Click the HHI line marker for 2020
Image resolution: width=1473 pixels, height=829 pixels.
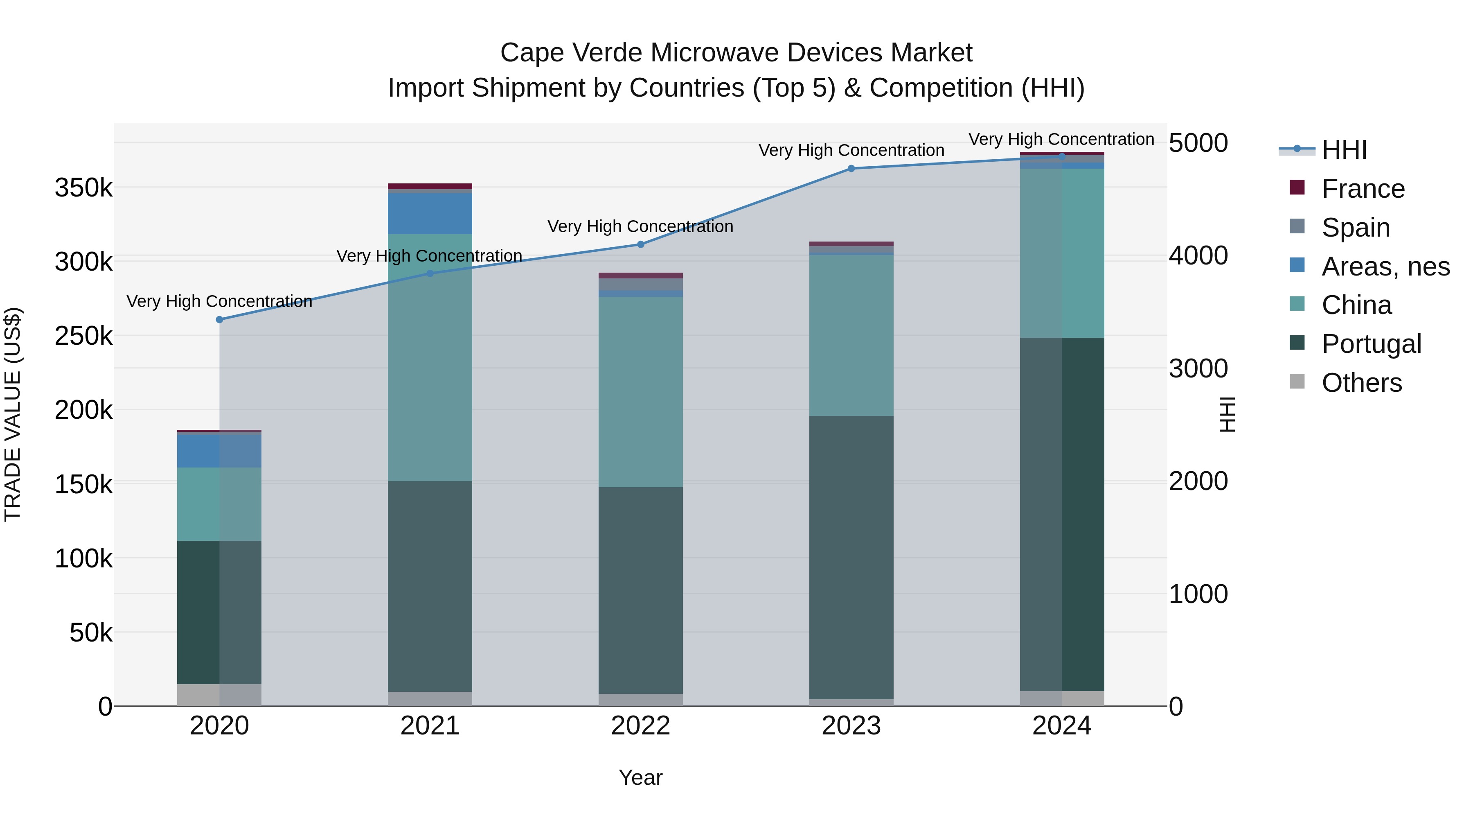click(220, 320)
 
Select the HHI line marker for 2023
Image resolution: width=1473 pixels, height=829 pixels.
click(851, 169)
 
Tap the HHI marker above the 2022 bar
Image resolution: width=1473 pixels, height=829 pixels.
click(640, 245)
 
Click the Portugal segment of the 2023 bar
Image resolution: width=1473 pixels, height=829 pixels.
click(851, 558)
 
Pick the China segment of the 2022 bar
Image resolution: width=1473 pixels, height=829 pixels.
click(640, 392)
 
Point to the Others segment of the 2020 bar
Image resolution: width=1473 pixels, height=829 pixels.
click(220, 695)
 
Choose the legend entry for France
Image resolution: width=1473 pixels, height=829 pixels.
click(1363, 189)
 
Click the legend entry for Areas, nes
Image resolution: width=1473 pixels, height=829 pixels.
click(1385, 267)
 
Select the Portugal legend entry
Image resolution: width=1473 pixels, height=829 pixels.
click(1371, 344)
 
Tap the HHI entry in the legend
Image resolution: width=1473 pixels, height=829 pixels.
click(1344, 150)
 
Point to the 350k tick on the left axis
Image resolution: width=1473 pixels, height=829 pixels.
click(83, 187)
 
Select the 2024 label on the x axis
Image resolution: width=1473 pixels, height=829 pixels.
click(1061, 726)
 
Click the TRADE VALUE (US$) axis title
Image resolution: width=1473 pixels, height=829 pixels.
click(13, 414)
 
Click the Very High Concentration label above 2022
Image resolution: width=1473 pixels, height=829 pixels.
click(640, 226)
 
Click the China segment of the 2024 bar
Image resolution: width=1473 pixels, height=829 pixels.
click(1062, 253)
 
